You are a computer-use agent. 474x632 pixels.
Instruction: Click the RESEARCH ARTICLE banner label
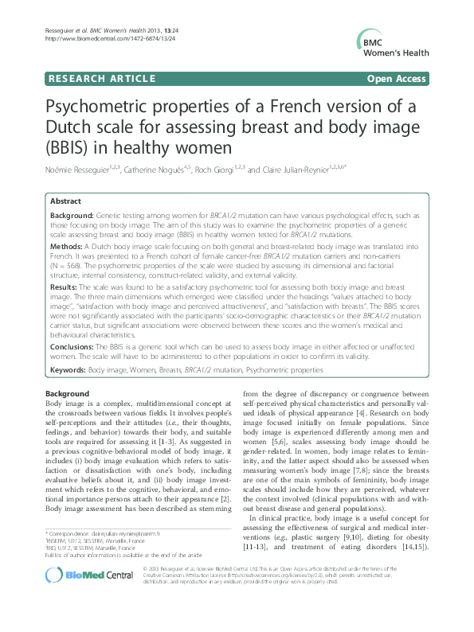101,80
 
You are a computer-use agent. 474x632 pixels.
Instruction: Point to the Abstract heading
66,203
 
